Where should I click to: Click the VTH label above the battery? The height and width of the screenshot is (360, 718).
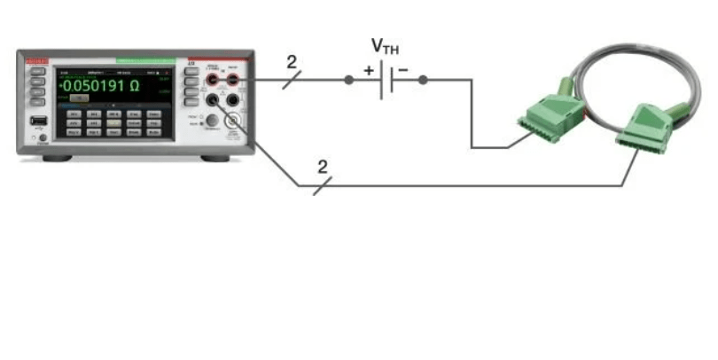pos(385,46)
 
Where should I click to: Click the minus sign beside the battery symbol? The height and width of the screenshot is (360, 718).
pos(403,69)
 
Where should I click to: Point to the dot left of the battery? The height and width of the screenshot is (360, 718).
pos(349,80)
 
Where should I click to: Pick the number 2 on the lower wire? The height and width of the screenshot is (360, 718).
pos(322,167)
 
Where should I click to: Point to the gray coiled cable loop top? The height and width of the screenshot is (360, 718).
pos(620,58)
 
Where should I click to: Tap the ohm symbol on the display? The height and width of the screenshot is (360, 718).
pos(134,86)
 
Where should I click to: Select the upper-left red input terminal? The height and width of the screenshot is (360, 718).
pos(214,82)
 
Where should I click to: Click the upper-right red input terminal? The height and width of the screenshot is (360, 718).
pos(234,82)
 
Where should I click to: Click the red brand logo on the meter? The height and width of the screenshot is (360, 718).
pos(35,59)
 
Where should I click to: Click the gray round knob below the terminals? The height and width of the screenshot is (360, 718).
pos(213,121)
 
